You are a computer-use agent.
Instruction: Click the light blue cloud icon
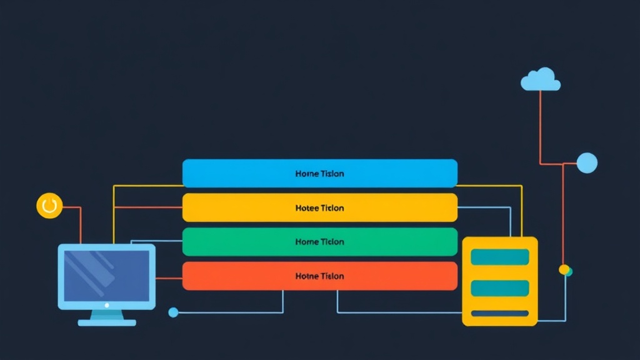541,79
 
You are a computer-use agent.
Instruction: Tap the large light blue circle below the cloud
587,162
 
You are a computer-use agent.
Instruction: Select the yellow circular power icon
49,206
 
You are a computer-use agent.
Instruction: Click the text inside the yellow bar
319,207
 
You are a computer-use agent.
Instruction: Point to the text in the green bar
319,242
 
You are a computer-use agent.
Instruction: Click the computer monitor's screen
107,275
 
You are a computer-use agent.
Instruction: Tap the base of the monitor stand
107,322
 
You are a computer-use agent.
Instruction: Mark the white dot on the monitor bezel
107,305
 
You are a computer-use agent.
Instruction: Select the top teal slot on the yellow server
500,257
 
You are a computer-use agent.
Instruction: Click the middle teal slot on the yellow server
500,288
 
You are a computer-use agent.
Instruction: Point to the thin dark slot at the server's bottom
500,313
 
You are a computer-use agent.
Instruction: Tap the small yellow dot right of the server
564,269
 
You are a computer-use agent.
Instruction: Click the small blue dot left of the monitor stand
173,312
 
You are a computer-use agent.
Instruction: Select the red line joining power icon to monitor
80,222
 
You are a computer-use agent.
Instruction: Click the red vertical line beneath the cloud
540,125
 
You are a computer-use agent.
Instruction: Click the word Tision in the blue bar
332,174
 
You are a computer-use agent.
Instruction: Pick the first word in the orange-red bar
306,276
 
